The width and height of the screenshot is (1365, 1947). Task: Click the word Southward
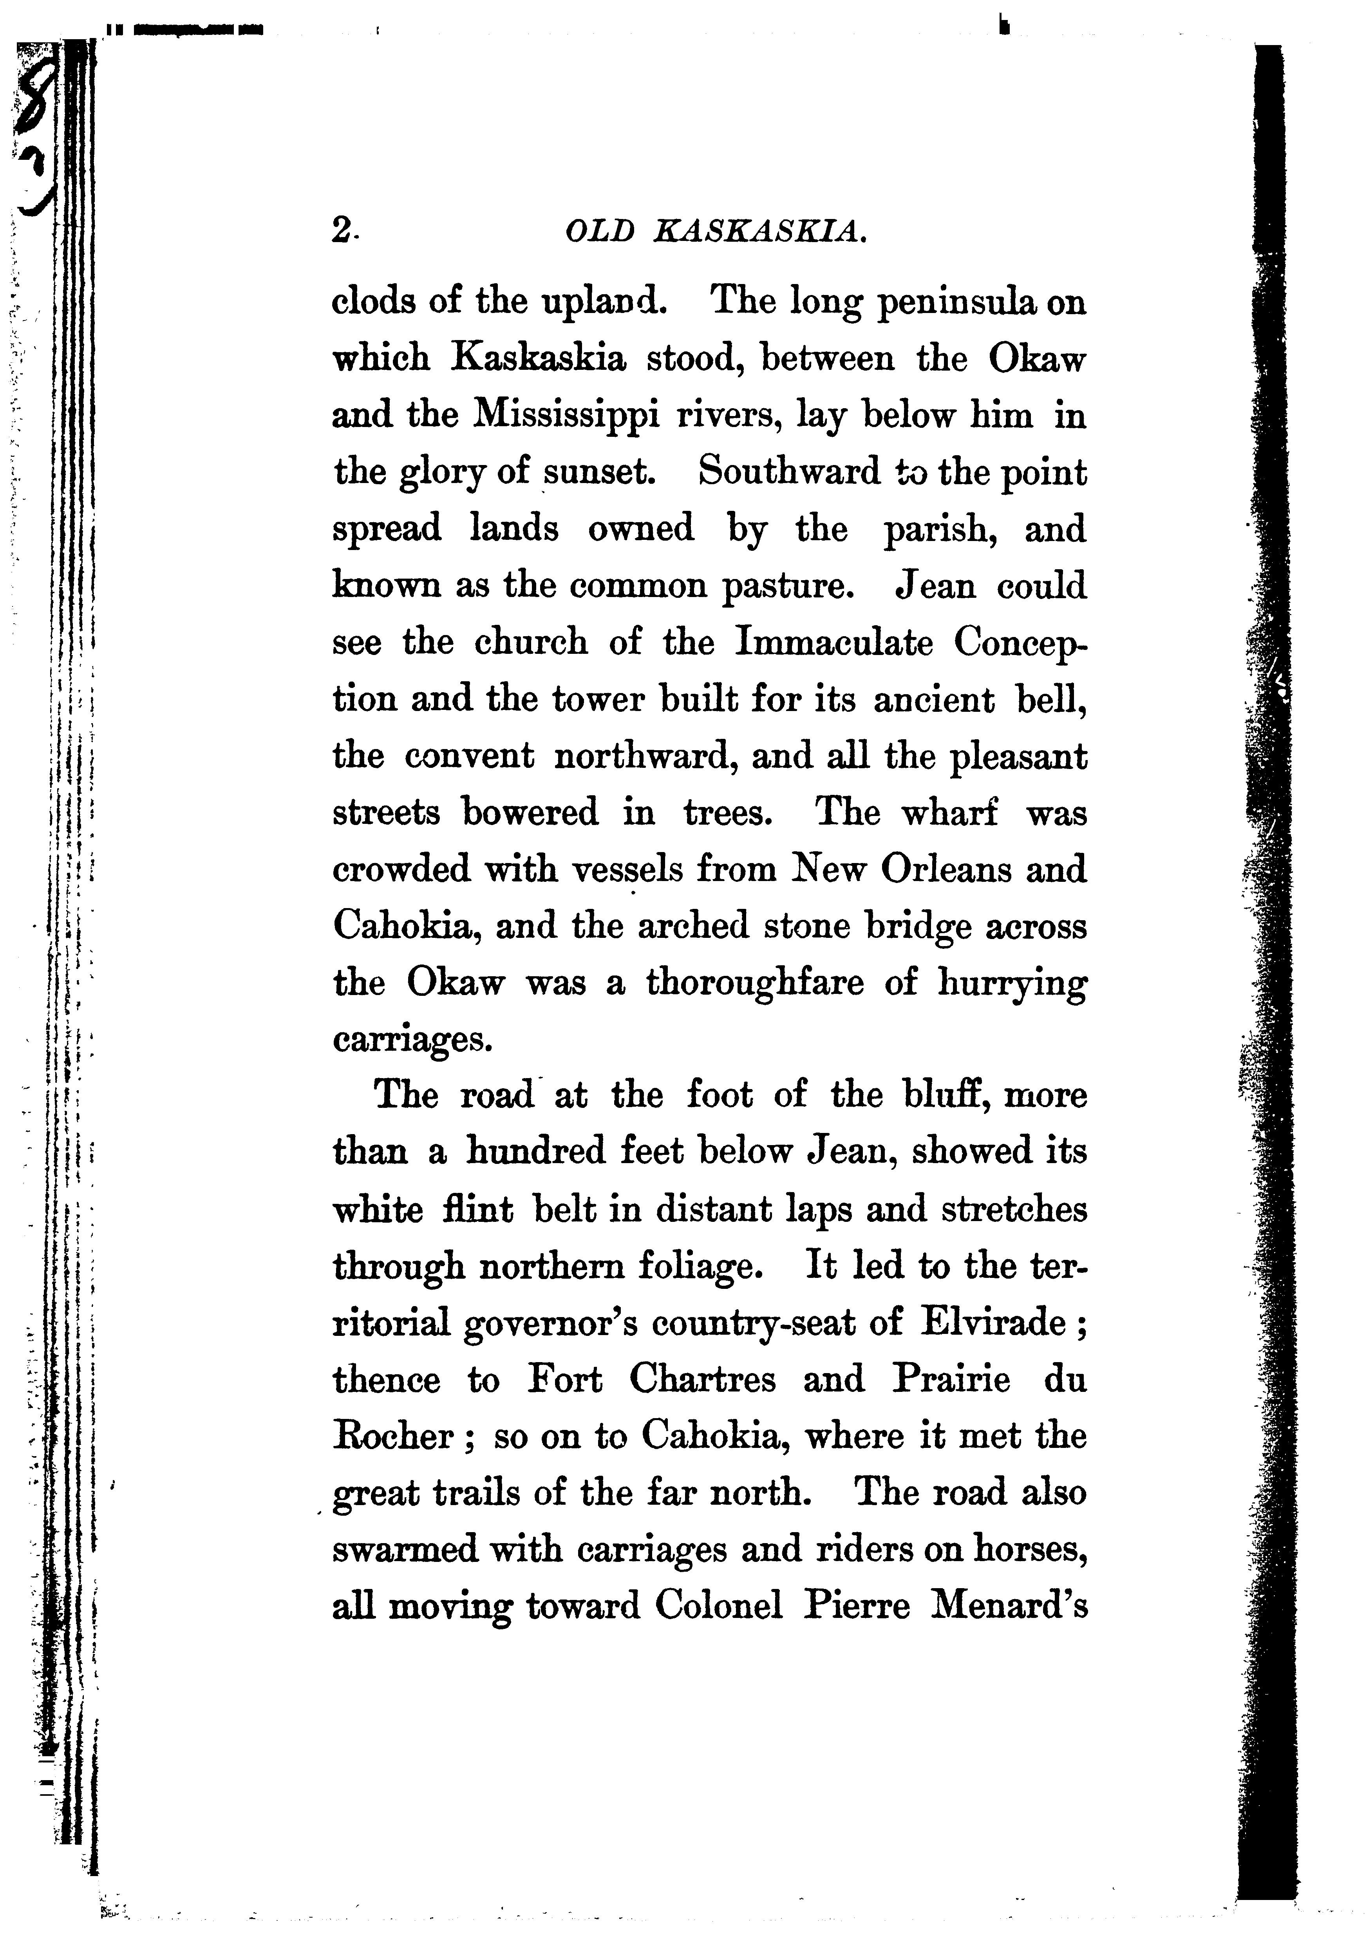788,472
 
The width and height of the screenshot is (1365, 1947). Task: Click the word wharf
948,812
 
